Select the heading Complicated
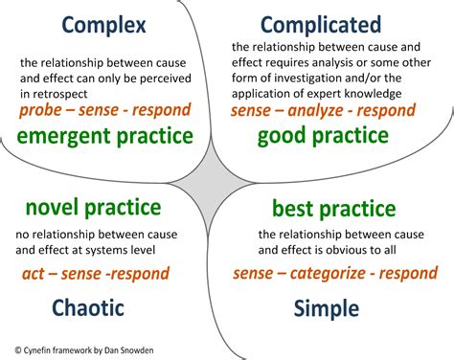(320, 23)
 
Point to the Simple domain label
(328, 307)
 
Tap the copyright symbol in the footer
(18, 349)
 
